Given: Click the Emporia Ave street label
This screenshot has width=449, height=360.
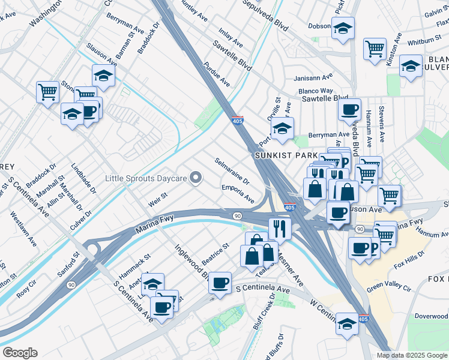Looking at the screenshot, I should (x=238, y=193).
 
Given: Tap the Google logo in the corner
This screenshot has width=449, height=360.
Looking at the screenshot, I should (x=20, y=353).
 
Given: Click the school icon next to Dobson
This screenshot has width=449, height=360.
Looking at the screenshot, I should (x=343, y=28).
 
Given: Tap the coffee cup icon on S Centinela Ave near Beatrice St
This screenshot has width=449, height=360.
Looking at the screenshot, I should (x=220, y=282).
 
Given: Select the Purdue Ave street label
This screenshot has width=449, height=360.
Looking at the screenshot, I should (x=217, y=73).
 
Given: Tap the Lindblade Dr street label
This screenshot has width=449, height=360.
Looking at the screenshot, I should (x=83, y=179).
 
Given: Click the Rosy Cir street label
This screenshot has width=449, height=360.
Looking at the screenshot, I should (x=27, y=290).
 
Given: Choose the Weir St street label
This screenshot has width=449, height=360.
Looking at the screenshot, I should (x=157, y=201).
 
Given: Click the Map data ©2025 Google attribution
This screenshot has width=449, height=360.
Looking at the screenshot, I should (x=412, y=355).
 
